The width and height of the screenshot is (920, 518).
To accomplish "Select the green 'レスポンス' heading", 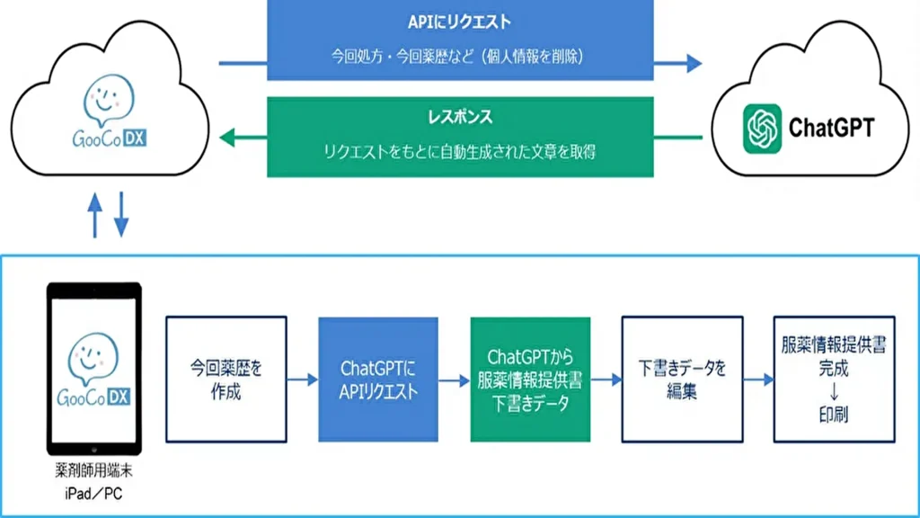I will (459, 118).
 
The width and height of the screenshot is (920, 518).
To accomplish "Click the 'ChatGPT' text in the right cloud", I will (831, 128).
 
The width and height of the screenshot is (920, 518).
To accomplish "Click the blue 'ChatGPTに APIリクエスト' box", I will (378, 379).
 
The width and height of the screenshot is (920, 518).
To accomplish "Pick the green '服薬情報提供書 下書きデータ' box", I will (530, 379).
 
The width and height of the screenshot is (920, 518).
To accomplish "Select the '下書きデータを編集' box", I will (682, 379).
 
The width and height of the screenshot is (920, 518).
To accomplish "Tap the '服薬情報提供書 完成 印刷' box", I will (833, 379).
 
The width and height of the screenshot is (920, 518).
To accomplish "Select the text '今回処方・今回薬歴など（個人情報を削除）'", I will (459, 57).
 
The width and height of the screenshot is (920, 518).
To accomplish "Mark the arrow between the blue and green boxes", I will (454, 380).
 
